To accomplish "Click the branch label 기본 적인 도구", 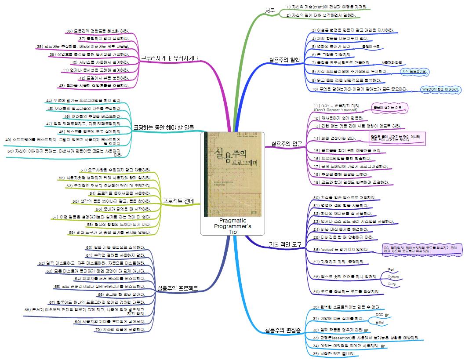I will (x=283, y=244).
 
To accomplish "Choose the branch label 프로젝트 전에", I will (x=179, y=201).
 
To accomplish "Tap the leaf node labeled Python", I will (x=394, y=277).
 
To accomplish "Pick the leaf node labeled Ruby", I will (x=393, y=285).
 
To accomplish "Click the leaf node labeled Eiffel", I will (x=379, y=322).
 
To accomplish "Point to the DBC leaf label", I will (x=379, y=315).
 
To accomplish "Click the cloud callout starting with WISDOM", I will (x=440, y=90).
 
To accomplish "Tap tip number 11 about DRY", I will (x=336, y=108).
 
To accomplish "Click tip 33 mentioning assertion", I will (x=366, y=338).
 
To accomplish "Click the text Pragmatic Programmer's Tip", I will (x=232, y=226).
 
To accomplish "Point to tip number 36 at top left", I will (x=99, y=31).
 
